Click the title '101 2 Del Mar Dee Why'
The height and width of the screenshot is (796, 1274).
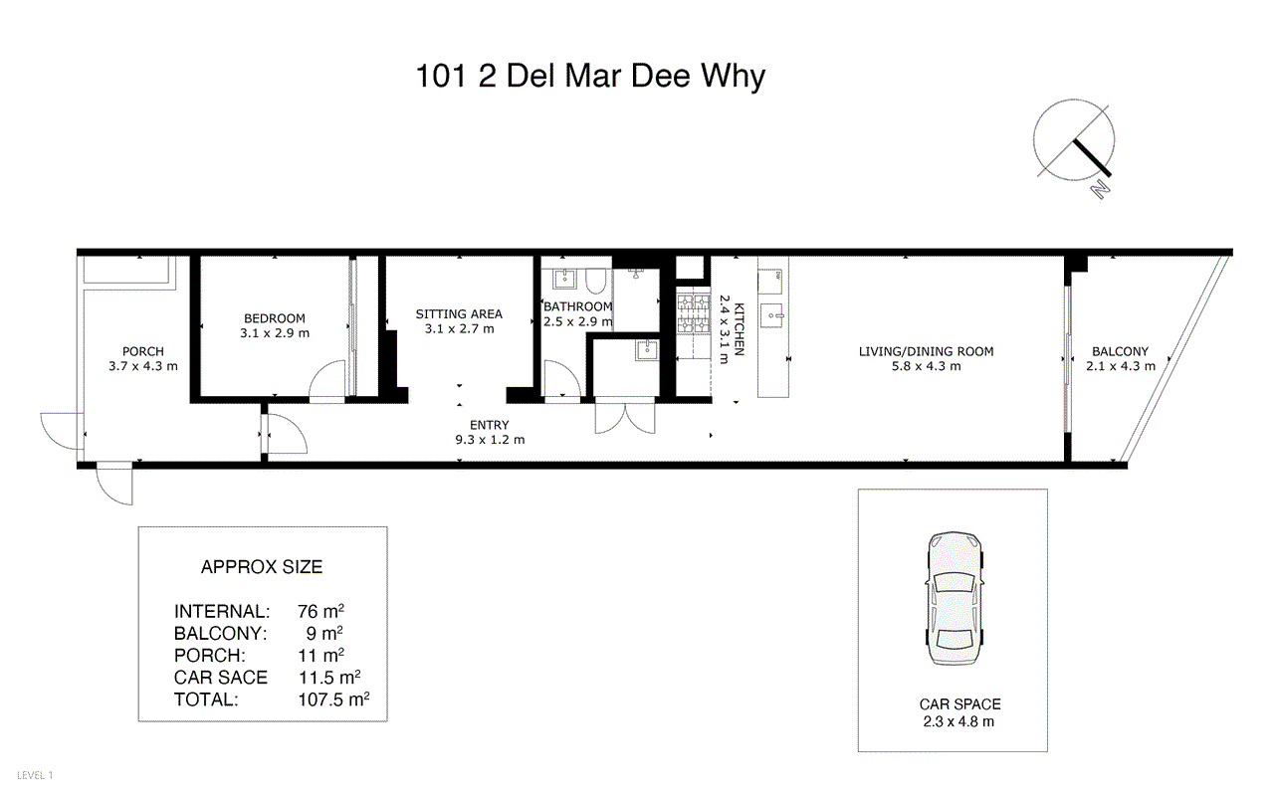(x=591, y=77)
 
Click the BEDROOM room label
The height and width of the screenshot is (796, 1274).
(x=274, y=318)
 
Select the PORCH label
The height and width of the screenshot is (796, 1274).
(x=143, y=351)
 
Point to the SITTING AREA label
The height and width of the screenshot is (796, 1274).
(x=459, y=314)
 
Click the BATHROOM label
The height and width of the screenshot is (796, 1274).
(x=578, y=306)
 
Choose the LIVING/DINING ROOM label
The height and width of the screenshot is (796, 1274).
(x=927, y=351)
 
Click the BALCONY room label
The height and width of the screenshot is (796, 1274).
(x=1120, y=351)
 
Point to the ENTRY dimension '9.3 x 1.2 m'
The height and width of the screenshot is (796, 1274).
(x=490, y=439)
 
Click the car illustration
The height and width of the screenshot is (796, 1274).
(x=954, y=600)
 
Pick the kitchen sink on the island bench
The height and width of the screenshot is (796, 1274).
(x=772, y=317)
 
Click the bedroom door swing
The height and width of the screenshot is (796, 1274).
(x=328, y=382)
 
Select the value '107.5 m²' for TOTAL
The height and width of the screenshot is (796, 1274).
(x=333, y=699)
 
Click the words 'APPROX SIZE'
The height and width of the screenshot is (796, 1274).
(x=262, y=567)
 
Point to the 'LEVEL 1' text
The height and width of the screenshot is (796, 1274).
(x=36, y=774)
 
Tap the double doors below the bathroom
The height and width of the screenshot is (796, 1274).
(x=624, y=417)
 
